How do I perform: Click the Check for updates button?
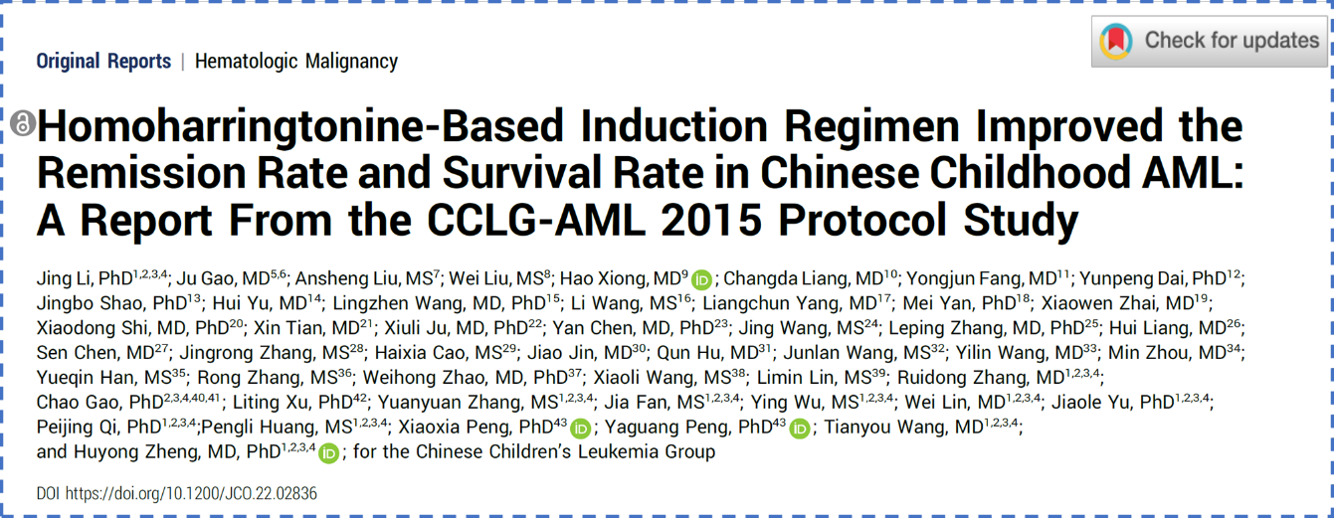tap(1210, 41)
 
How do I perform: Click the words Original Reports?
tap(103, 61)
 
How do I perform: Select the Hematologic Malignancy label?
tap(296, 61)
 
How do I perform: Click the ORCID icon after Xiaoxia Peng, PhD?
tap(581, 429)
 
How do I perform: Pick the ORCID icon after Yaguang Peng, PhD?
tap(800, 429)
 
